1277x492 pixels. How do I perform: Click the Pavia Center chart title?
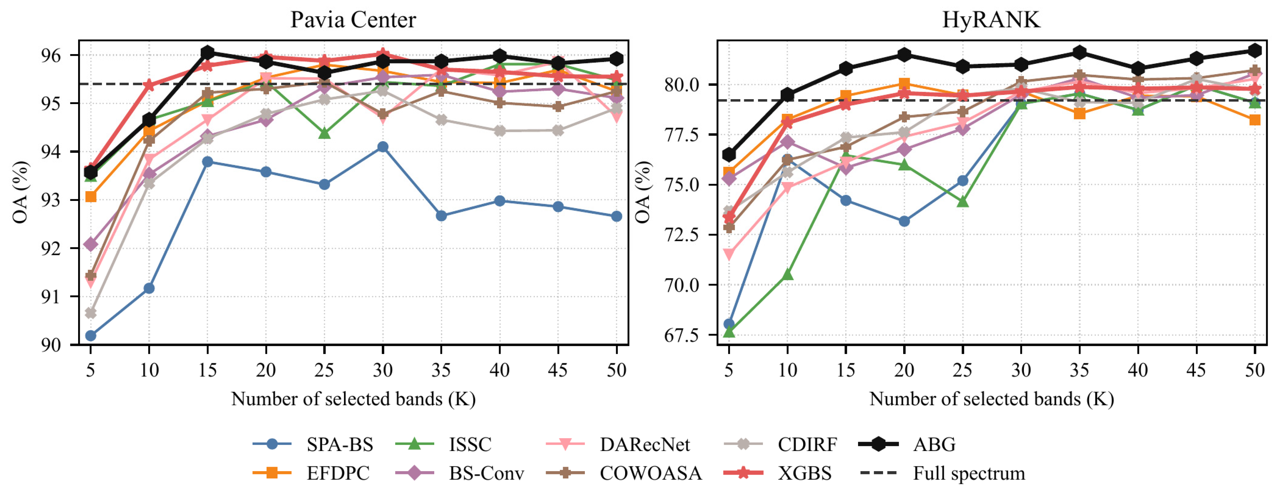tap(353, 20)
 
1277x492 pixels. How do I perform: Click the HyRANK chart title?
tap(991, 20)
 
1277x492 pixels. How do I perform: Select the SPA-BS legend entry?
tap(313, 444)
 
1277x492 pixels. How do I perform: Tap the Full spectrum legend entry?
tap(942, 473)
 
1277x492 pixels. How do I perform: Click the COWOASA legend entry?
tap(624, 473)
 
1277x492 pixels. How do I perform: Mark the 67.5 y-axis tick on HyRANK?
tap(682, 336)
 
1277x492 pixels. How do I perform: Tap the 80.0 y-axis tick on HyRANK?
tap(682, 85)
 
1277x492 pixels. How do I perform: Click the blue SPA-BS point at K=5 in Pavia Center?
tap(91, 336)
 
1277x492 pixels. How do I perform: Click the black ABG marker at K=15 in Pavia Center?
tap(207, 52)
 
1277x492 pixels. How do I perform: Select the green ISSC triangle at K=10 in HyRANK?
tap(787, 274)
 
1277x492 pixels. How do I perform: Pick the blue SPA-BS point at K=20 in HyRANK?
tap(904, 221)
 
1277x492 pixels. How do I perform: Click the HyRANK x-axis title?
tap(991, 399)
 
